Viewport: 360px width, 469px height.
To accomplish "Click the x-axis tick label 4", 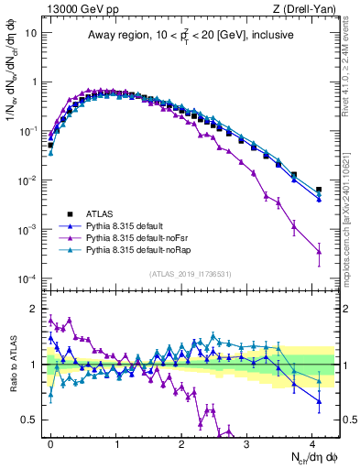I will [313, 442].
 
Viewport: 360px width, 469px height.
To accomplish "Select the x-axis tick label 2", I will [182, 442].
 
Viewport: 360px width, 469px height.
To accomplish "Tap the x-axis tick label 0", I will [50, 442].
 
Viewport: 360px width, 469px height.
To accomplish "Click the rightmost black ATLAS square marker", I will [319, 190].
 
